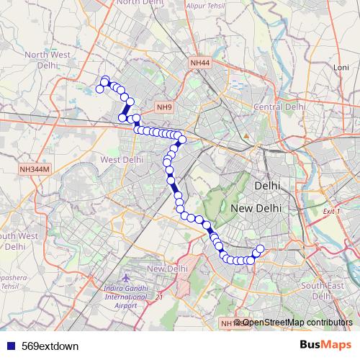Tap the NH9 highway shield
(x=164, y=107)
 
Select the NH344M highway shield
(x=34, y=169)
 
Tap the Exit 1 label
(x=332, y=212)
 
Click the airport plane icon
(x=127, y=278)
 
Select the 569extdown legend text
(x=50, y=346)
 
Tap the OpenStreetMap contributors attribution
(x=297, y=322)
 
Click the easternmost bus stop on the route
(x=260, y=250)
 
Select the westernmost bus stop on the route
(x=100, y=89)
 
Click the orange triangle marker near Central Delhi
(x=246, y=135)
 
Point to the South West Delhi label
(x=17, y=240)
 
